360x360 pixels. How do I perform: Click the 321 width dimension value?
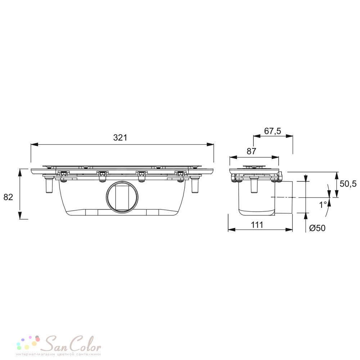(120, 138)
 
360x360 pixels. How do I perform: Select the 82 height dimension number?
(8, 197)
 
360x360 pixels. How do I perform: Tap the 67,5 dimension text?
(273, 131)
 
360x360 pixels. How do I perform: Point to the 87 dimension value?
(251, 151)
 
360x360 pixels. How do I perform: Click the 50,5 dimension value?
(348, 184)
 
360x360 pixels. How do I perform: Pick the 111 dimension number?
(257, 225)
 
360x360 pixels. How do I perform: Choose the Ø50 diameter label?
(317, 228)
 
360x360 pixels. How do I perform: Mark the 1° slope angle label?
(323, 204)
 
